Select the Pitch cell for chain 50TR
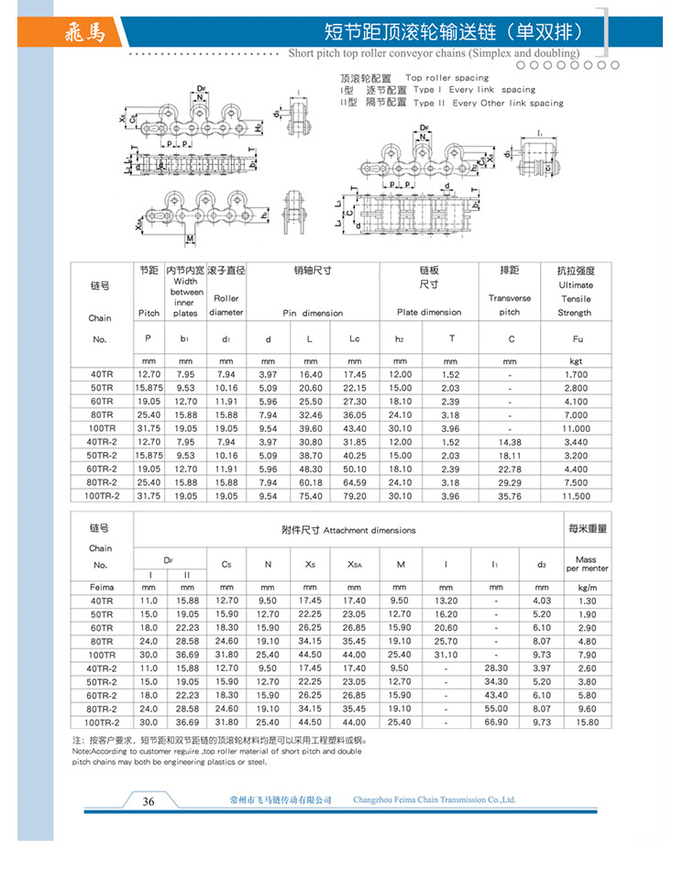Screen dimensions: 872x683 (x=149, y=388)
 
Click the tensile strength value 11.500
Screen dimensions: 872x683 (x=575, y=496)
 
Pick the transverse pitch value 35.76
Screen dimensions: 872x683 (x=510, y=496)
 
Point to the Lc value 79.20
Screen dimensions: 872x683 (x=355, y=496)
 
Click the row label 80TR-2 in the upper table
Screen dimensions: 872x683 (x=103, y=482)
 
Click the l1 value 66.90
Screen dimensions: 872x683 (x=496, y=723)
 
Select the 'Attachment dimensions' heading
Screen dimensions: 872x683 (x=348, y=530)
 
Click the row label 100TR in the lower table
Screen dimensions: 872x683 (x=102, y=655)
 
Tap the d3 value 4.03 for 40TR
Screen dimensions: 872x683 (x=542, y=601)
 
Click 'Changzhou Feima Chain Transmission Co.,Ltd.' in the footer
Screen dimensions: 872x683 (x=435, y=800)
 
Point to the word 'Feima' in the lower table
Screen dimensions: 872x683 (x=101, y=587)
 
